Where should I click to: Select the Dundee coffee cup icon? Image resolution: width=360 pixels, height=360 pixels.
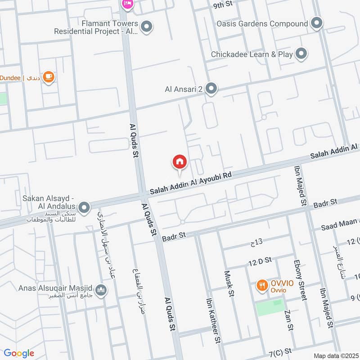[49, 77]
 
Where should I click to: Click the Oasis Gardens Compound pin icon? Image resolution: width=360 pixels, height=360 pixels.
[317, 23]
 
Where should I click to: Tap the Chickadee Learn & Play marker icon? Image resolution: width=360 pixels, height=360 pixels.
[301, 54]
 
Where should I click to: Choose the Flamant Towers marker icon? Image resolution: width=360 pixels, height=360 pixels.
[146, 27]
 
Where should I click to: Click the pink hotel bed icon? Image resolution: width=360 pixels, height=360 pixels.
[127, 4]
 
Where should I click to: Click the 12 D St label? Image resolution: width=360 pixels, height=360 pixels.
[260, 260]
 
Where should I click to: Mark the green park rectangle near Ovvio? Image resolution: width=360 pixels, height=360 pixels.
[270, 308]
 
